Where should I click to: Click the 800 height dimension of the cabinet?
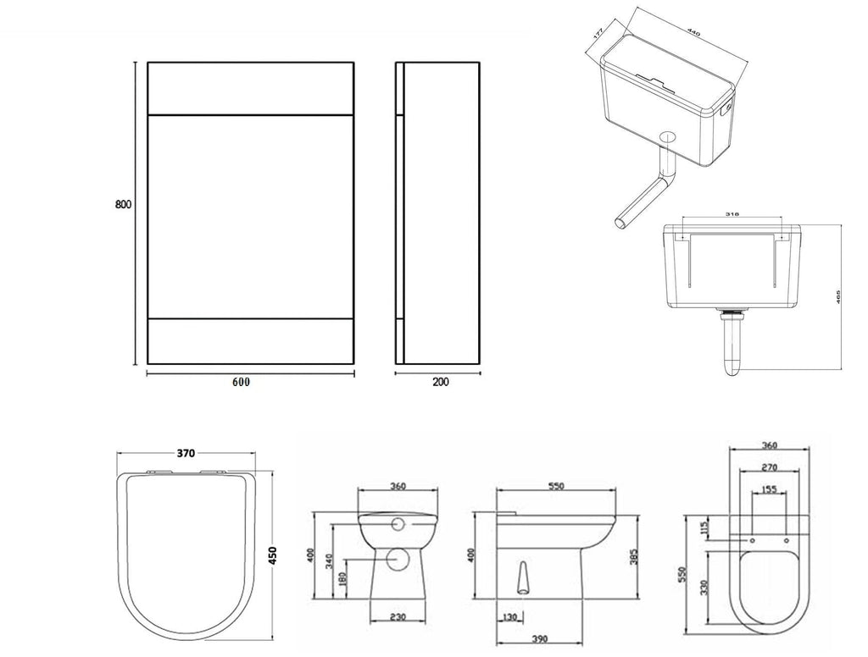[x=124, y=204]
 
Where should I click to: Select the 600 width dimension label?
[x=241, y=382]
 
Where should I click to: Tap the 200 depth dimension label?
[x=441, y=382]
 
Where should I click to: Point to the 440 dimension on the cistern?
[x=693, y=35]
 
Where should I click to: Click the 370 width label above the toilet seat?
[x=187, y=454]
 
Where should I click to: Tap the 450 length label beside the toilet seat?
[x=274, y=551]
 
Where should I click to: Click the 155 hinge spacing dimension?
[x=768, y=489]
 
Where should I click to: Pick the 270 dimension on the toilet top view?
[x=769, y=467]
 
